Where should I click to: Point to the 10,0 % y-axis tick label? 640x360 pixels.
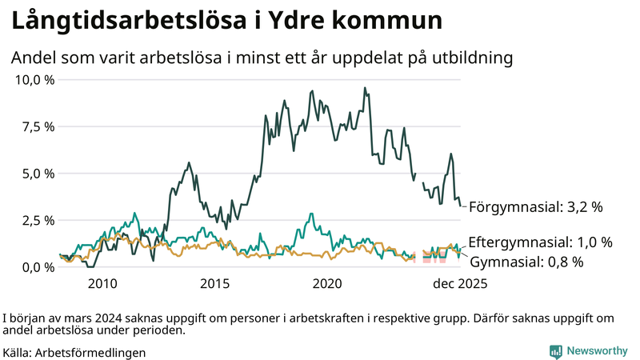(34, 80)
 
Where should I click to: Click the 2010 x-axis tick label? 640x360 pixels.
(102, 283)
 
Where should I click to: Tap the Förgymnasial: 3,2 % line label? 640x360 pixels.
(535, 207)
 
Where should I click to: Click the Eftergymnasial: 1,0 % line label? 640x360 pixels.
(540, 242)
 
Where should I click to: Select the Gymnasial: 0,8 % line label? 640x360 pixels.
(526, 262)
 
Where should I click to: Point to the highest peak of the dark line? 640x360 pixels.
(365, 88)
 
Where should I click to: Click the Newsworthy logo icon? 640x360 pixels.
(555, 351)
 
